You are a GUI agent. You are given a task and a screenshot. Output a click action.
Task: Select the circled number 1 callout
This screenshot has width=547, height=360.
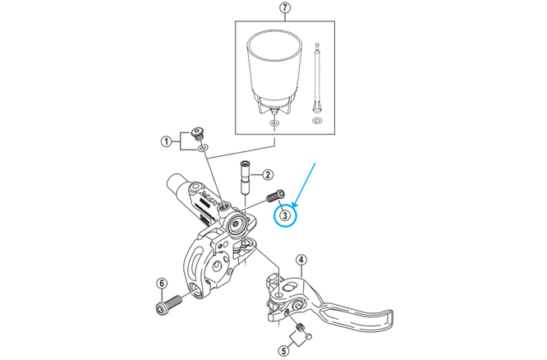pos(165,142)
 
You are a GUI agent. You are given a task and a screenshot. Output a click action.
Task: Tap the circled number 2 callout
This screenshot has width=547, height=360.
pos(267,174)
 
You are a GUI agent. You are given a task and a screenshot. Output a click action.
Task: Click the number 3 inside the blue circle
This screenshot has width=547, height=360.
pos(284,216)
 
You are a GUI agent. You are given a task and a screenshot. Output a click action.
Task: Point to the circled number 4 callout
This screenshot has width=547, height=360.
pos(301,261)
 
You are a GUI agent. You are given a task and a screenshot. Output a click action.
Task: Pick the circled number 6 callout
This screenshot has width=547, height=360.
pos(161,284)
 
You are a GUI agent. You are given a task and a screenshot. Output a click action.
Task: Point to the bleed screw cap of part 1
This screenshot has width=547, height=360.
pos(198,133)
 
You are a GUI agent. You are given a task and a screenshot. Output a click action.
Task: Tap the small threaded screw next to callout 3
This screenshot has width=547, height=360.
pos(274,198)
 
